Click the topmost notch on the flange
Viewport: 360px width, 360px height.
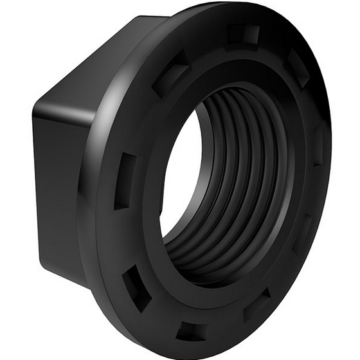coord(243,33)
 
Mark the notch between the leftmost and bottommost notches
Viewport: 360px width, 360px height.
coord(137,287)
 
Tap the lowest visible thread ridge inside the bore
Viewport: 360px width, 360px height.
coord(212,257)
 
